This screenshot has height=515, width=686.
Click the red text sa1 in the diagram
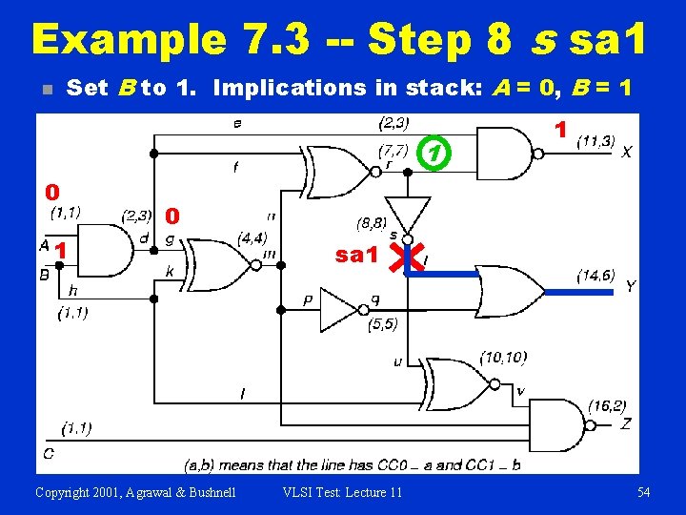(358, 256)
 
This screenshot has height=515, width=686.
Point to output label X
(627, 152)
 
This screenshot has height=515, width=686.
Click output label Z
(625, 423)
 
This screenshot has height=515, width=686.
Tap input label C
(47, 453)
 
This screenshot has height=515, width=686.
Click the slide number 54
(643, 492)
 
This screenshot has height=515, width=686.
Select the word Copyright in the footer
(67, 492)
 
